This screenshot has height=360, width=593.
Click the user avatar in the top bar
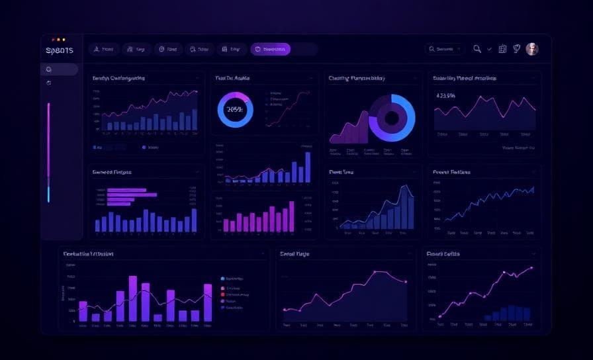click(x=532, y=49)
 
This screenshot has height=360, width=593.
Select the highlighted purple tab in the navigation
click(x=270, y=49)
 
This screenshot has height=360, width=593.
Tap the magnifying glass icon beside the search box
click(x=477, y=49)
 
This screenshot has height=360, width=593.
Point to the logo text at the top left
click(x=60, y=50)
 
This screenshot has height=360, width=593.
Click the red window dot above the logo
click(x=53, y=40)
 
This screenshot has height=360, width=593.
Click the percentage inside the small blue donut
click(x=235, y=109)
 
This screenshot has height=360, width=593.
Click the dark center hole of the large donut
click(x=392, y=118)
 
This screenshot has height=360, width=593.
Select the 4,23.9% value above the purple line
click(x=446, y=95)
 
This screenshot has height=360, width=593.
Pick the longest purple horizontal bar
click(x=132, y=195)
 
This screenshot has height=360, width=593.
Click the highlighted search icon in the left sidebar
click(x=49, y=69)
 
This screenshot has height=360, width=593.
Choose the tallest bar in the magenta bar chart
click(x=291, y=216)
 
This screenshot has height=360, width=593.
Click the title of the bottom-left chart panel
click(x=89, y=254)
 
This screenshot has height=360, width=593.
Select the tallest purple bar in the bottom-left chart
click(x=132, y=298)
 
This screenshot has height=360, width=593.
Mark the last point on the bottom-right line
click(x=531, y=268)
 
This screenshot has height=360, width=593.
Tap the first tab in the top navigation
click(x=103, y=49)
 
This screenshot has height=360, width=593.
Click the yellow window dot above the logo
click(x=64, y=40)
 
